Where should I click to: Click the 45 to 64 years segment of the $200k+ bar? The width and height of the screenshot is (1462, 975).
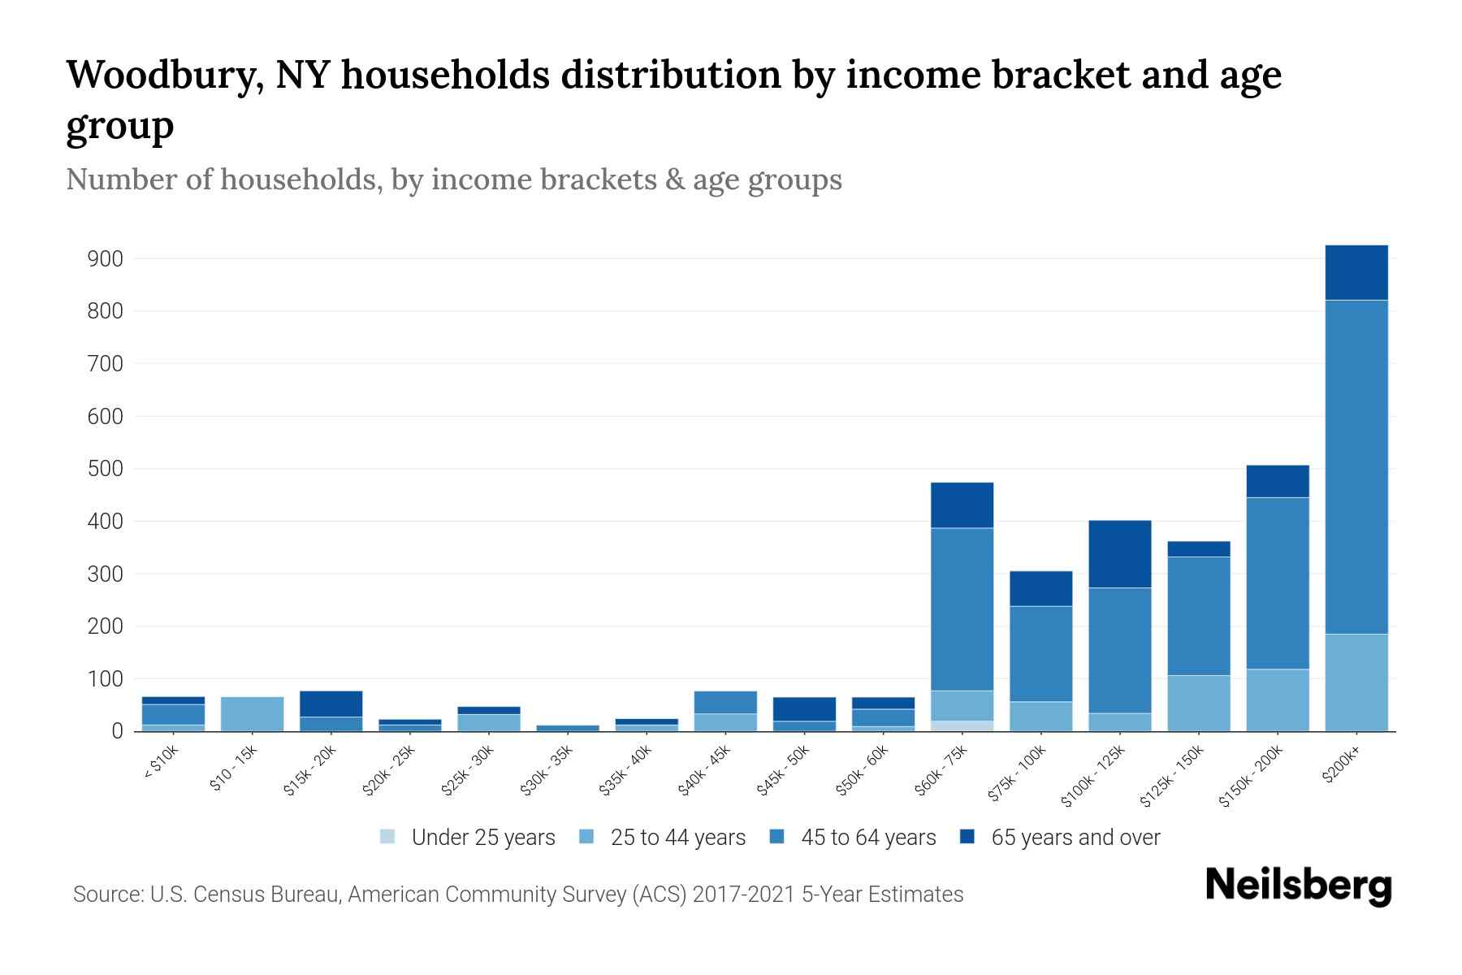tap(1356, 467)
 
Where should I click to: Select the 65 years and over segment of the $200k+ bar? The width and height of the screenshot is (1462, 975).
tap(1356, 273)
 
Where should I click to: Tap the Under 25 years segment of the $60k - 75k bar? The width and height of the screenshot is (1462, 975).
tap(962, 726)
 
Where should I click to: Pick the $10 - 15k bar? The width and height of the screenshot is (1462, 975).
tap(252, 713)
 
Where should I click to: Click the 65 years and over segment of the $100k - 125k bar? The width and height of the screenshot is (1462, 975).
tap(1119, 554)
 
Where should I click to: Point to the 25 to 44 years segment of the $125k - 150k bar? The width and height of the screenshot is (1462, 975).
tap(1198, 703)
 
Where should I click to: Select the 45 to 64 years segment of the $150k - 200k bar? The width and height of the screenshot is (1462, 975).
tap(1277, 583)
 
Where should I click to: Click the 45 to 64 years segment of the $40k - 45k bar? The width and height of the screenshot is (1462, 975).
tap(725, 702)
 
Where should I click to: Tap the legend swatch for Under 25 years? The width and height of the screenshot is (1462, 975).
tap(387, 837)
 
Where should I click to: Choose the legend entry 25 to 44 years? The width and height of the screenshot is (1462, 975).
tap(677, 837)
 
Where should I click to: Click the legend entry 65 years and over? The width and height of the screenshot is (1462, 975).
tap(1075, 837)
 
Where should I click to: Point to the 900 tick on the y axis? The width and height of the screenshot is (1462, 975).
tap(106, 259)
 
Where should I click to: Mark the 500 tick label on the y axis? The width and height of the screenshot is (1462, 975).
tap(106, 469)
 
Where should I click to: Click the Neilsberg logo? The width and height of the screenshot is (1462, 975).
tap(1298, 886)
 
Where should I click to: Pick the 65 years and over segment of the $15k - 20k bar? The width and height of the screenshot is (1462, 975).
tap(331, 704)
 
